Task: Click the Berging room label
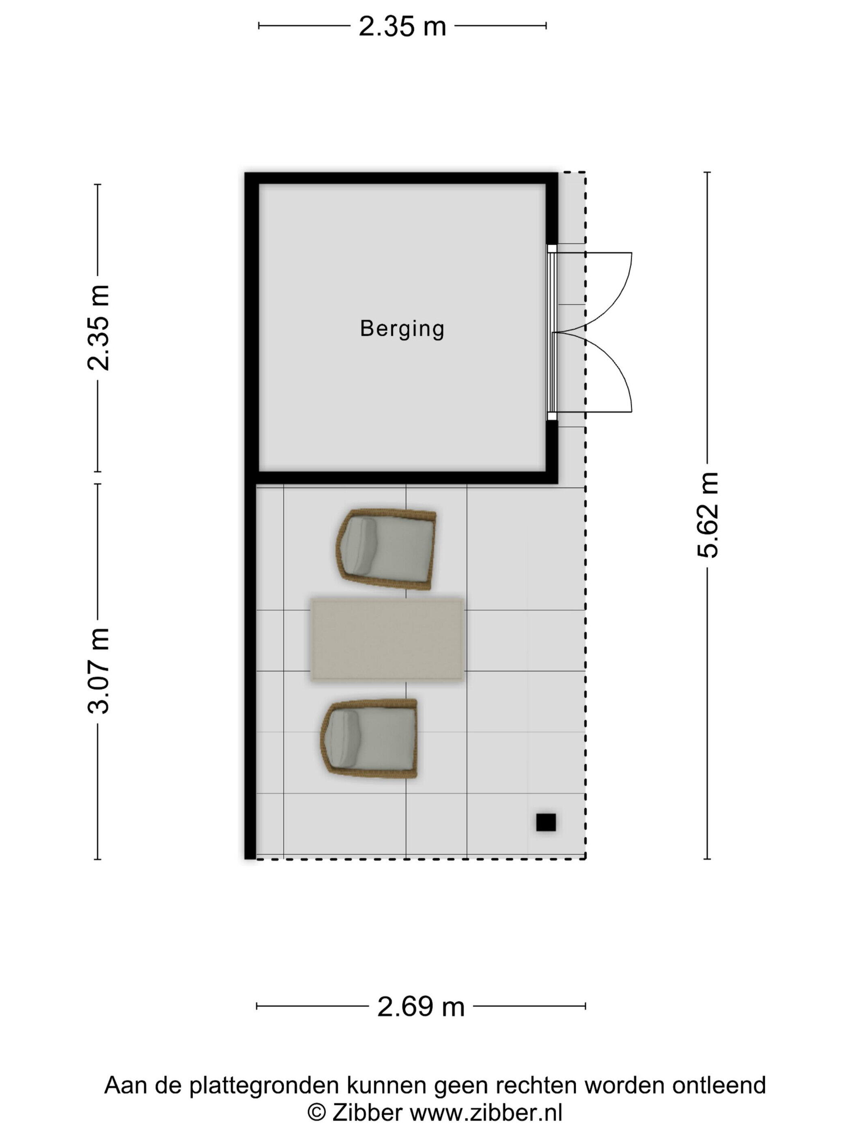pos(402,329)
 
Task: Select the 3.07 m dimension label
pos(98,671)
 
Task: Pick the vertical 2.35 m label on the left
pos(98,328)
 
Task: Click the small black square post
pos(546,822)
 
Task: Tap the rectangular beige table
pos(387,639)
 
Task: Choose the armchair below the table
pos(368,738)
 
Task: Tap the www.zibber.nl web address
pos(486,1112)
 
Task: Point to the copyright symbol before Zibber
pos(316,1113)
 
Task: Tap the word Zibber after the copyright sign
pos(367,1112)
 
